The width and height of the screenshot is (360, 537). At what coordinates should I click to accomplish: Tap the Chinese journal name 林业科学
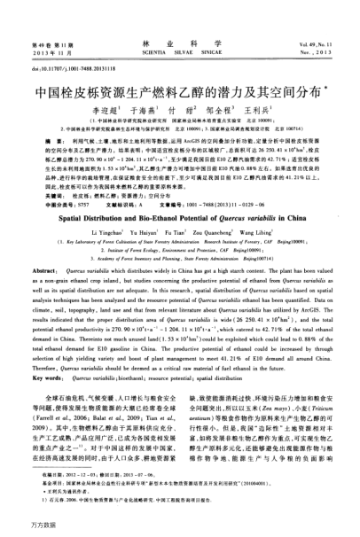179,18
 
